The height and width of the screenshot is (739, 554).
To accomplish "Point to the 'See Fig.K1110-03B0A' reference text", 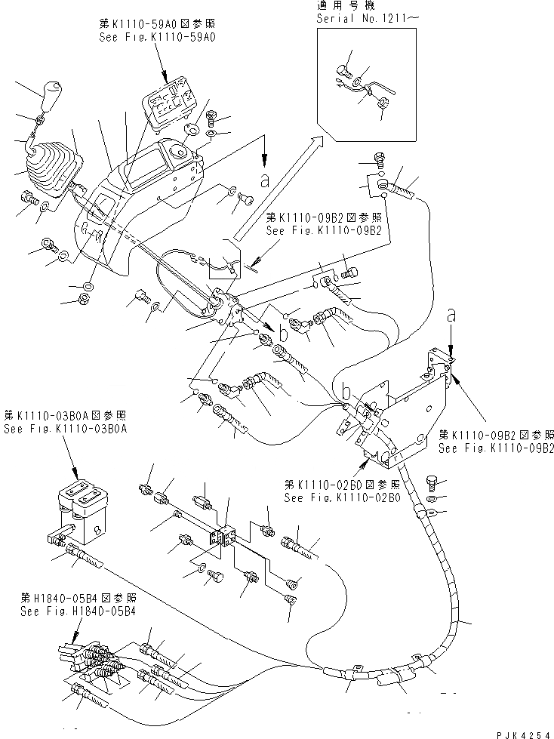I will tap(65, 428).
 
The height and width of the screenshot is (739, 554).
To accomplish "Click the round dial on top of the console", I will tap(181, 151).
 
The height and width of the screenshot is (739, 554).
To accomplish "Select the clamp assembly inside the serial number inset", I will tap(362, 87).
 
